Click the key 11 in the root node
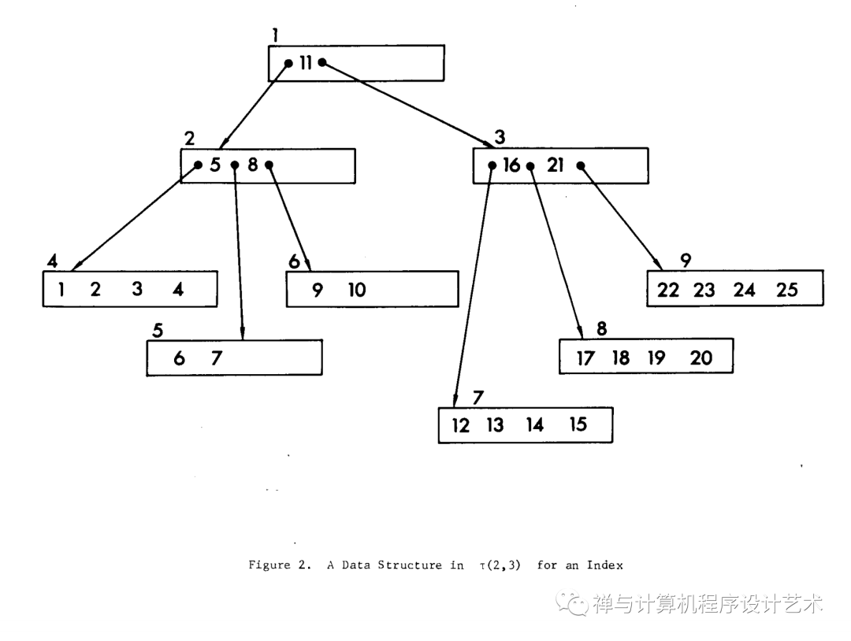pos(305,63)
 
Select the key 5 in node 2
pos(214,165)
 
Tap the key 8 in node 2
pos(252,165)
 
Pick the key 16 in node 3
pos(511,165)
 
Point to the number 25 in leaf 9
pos(786,290)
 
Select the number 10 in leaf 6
pos(356,290)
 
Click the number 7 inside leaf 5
pos(217,358)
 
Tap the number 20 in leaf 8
pos(700,358)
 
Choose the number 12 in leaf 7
pos(461,425)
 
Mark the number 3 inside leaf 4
pos(137,289)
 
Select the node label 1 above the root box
pos(275,35)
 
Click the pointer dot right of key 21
pos(580,165)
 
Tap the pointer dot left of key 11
pos(289,64)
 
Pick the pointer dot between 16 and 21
pos(530,166)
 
